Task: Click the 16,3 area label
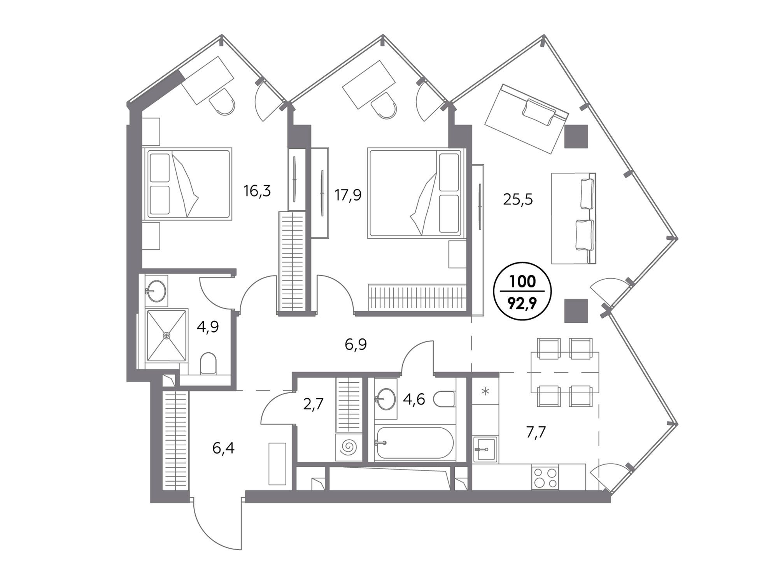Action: pyautogui.click(x=257, y=191)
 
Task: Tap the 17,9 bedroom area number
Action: pyautogui.click(x=348, y=195)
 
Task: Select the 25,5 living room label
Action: pyautogui.click(x=518, y=199)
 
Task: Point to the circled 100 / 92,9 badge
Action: pyautogui.click(x=522, y=291)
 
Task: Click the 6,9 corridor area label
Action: pyautogui.click(x=356, y=345)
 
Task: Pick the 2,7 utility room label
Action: pyautogui.click(x=313, y=404)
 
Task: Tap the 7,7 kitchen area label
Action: pyautogui.click(x=536, y=432)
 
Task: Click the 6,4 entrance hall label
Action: pyautogui.click(x=223, y=449)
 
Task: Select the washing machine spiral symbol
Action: pyautogui.click(x=348, y=447)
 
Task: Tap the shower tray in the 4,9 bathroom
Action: pyautogui.click(x=166, y=335)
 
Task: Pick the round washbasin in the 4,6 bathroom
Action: pyautogui.click(x=385, y=399)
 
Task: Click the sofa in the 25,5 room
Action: pyautogui.click(x=574, y=218)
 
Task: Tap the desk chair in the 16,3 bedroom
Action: pyautogui.click(x=222, y=102)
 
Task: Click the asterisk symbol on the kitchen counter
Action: pyautogui.click(x=485, y=391)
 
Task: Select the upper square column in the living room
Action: pyautogui.click(x=576, y=136)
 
